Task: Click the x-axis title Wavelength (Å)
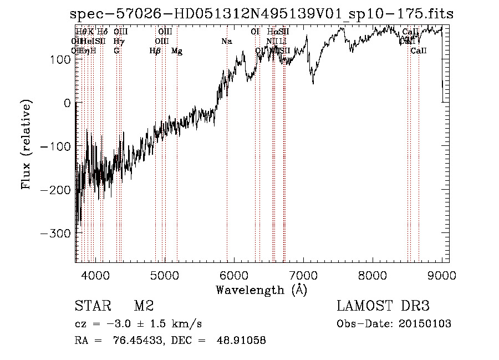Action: [261, 290]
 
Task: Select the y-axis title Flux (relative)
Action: [27, 144]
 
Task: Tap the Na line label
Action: [226, 42]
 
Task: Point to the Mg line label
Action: [177, 51]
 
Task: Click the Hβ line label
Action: [155, 51]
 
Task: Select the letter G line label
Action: [116, 51]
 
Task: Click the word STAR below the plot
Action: [91, 306]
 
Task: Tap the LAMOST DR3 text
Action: [383, 306]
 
